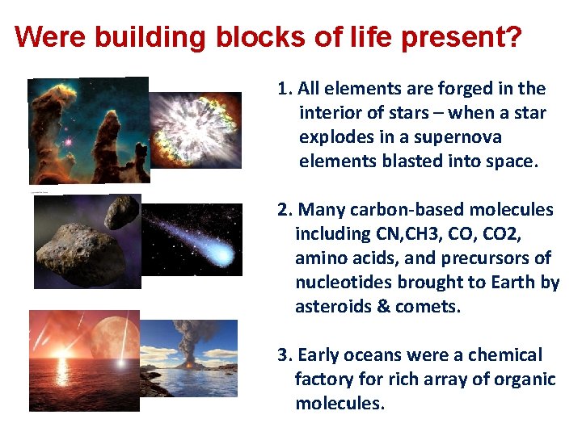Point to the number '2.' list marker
[285, 210]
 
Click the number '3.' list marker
[285, 355]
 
